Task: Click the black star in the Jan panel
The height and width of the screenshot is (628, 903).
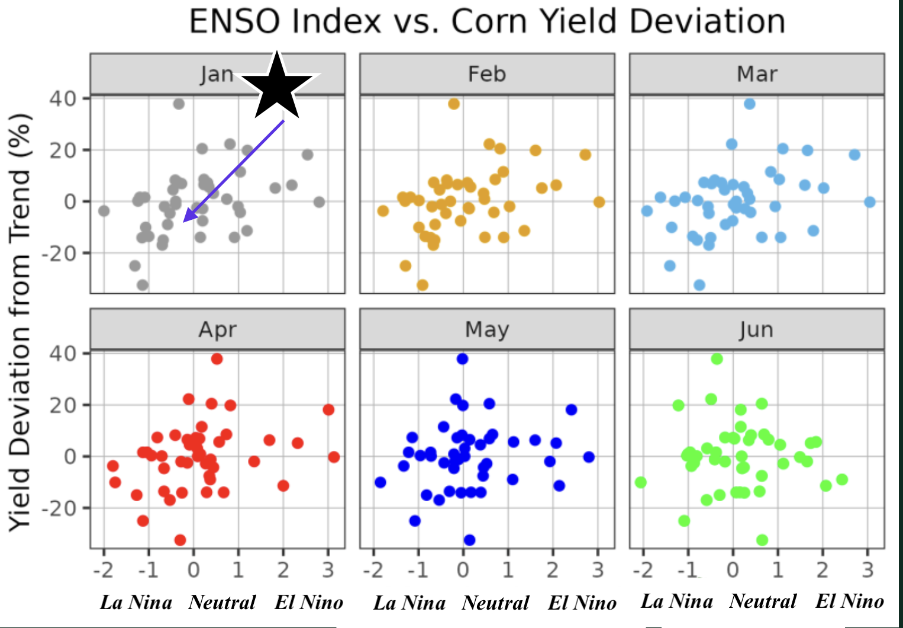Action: [277, 86]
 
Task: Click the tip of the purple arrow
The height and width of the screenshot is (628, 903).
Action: [184, 222]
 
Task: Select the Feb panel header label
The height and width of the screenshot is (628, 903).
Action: [487, 74]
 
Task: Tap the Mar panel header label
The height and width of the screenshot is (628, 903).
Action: [757, 74]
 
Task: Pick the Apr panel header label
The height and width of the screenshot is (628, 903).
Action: [217, 329]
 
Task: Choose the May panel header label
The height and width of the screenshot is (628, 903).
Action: [487, 329]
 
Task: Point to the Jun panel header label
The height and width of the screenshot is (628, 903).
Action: [756, 329]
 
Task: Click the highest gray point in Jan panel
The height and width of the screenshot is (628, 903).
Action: [179, 104]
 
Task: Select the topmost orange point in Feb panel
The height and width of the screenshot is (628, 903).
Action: [454, 104]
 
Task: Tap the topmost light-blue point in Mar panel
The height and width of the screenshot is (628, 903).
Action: [750, 104]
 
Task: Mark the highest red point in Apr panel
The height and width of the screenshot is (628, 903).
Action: [217, 358]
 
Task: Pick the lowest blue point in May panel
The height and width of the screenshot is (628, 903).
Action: [469, 540]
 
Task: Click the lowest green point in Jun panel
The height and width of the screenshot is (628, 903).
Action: [762, 540]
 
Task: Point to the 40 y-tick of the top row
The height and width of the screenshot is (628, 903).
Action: [63, 98]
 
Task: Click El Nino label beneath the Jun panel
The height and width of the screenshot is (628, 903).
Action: [849, 601]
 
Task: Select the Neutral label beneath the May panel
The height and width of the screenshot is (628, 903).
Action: [496, 603]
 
